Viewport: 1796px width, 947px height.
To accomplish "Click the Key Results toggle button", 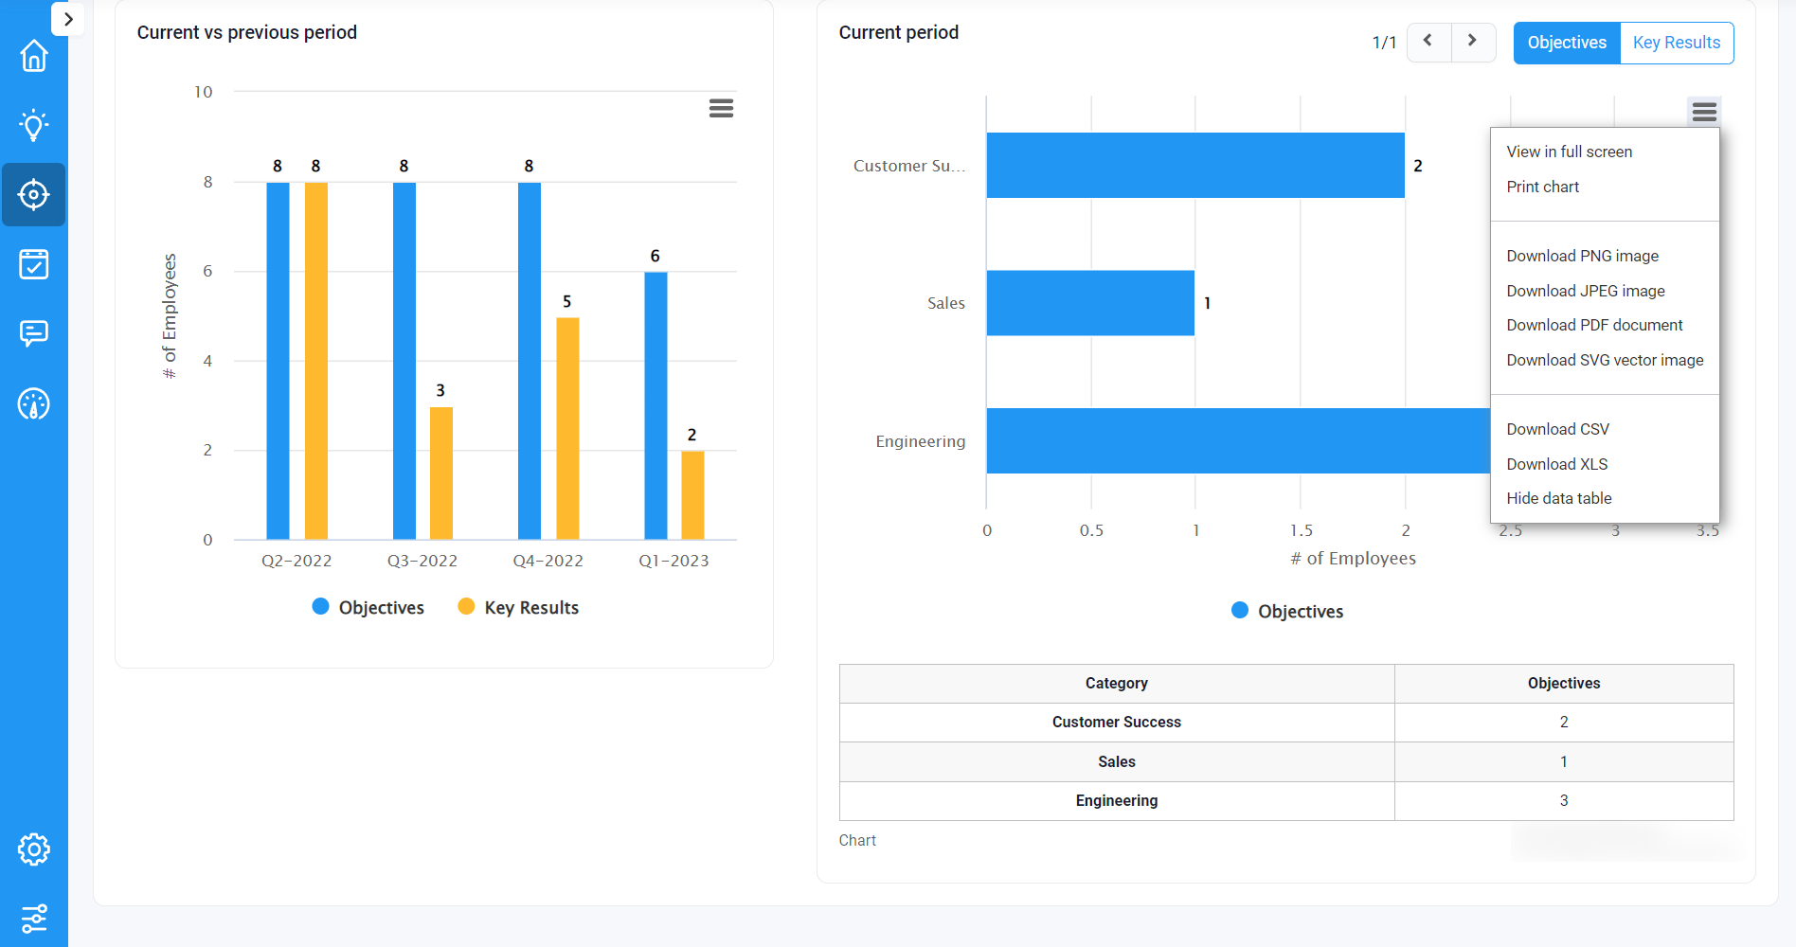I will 1676,43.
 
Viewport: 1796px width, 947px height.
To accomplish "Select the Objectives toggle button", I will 1566,43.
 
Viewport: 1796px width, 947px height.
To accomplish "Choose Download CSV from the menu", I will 1557,429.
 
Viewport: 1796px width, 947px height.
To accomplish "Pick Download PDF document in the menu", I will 1594,325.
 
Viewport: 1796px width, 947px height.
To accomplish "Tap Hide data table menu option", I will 1558,498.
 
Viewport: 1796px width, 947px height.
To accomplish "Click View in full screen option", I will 1569,152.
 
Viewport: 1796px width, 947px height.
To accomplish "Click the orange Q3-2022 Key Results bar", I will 441,473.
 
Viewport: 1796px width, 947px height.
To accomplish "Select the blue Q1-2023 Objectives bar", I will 656,407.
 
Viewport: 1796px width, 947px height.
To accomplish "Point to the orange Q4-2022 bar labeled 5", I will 567,428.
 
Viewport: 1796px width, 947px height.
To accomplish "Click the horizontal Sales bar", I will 1089,303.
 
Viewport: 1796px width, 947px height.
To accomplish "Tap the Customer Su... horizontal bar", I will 1194,166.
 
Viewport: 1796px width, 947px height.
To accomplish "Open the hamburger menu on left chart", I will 721,108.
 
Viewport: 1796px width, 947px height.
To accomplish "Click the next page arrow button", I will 1472,42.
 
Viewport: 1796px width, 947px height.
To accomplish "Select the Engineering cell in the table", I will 1116,801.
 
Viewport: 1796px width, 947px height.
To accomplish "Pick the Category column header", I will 1116,683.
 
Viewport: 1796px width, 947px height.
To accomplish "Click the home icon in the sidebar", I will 34,56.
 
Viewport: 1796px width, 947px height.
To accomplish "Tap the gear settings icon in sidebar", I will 34,849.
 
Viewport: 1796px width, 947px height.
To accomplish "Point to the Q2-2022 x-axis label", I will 296,561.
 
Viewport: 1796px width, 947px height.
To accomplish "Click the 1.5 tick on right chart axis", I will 1301,530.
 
